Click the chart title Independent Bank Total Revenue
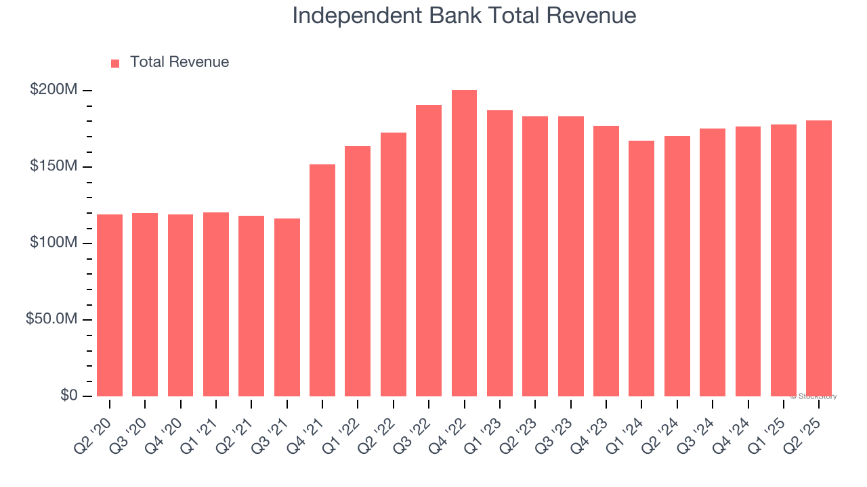464,16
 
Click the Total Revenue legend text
179,62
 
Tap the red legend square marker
115,63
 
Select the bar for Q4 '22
464,243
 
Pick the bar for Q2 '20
110,305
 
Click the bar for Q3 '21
287,307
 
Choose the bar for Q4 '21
322,280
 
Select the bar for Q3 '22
429,250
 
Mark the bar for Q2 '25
819,258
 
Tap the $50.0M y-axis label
51,319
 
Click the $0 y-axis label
68,396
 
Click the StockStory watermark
813,396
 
